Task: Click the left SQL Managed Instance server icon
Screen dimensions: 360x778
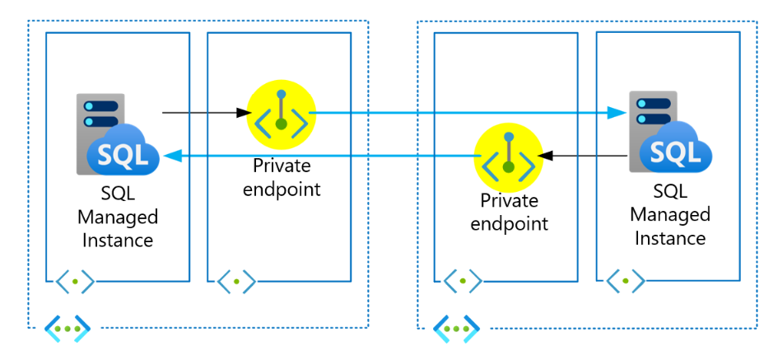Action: pyautogui.click(x=115, y=136)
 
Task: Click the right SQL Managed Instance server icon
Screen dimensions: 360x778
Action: pyautogui.click(x=668, y=133)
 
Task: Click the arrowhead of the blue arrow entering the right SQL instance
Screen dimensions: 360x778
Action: pyautogui.click(x=617, y=112)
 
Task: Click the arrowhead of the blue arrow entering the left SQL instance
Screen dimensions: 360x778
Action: pyautogui.click(x=170, y=155)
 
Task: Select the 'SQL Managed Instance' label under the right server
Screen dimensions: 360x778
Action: pyautogui.click(x=669, y=215)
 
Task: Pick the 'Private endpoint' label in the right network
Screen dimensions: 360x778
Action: pyautogui.click(x=509, y=212)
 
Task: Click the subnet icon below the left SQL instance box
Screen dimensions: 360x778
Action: pyautogui.click(x=75, y=281)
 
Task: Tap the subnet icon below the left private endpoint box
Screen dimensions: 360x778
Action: pyautogui.click(x=236, y=281)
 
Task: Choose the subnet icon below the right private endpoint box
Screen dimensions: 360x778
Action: pyautogui.click(x=462, y=281)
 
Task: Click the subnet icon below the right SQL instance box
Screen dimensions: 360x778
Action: pyautogui.click(x=626, y=281)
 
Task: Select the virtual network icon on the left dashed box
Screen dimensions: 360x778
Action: pyautogui.click(x=67, y=327)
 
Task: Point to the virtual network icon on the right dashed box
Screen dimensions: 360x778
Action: pyautogui.click(x=456, y=327)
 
